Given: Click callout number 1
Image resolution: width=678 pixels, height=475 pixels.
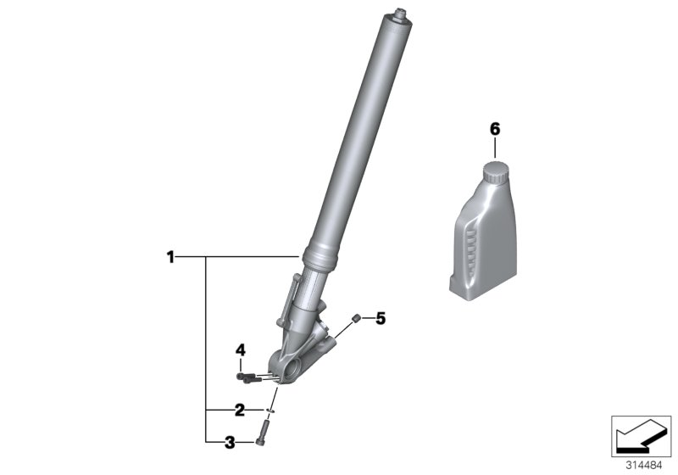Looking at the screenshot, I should click(x=170, y=255).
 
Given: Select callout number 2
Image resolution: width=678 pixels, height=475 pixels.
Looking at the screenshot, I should click(x=239, y=410).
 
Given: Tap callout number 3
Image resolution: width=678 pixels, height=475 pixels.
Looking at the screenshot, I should click(x=229, y=440).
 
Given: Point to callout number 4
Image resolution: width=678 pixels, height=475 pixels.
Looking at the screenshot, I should click(x=240, y=349).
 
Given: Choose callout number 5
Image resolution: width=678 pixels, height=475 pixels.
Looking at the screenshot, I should click(x=381, y=319).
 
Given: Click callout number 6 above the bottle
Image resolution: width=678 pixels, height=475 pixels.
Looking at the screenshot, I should click(x=495, y=129).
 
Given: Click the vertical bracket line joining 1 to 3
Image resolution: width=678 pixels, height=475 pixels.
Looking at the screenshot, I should click(x=206, y=348).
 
